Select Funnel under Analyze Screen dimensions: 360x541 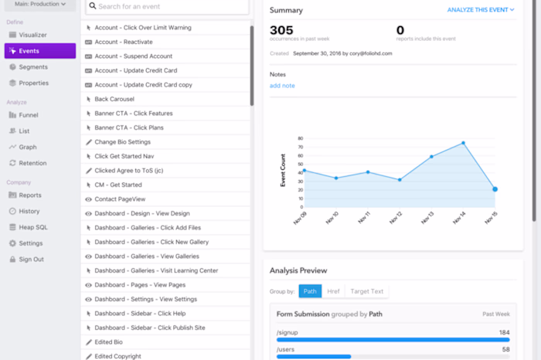tap(29, 115)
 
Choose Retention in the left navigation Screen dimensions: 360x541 tap(33, 163)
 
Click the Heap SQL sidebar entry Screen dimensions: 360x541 tap(35, 227)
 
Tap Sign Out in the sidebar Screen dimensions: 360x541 tap(32, 260)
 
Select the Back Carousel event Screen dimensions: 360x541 tap(114, 99)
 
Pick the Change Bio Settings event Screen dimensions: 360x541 tap(122, 142)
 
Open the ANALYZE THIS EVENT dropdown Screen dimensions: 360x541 tap(480, 10)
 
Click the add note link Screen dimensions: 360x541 tap(282, 86)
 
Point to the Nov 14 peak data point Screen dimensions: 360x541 tap(463, 143)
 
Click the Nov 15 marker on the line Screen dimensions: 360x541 tap(495, 189)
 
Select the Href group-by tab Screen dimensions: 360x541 tap(333, 291)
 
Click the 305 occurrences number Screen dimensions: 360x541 tap(282, 30)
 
